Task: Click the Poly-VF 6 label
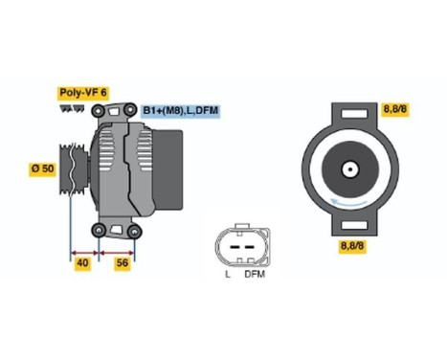coord(83,92)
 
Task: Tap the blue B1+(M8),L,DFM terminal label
coord(181,111)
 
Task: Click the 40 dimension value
coord(83,262)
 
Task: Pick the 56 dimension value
coord(122,262)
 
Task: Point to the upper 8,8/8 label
coord(394,110)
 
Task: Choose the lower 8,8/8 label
coord(355,246)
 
